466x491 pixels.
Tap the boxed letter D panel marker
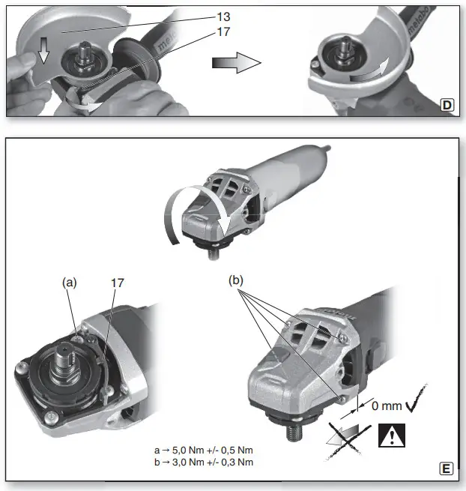click(447, 106)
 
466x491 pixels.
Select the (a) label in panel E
click(70, 283)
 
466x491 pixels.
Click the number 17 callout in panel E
click(116, 283)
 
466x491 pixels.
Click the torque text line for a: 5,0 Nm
click(203, 451)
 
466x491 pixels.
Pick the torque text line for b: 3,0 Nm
click(203, 462)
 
